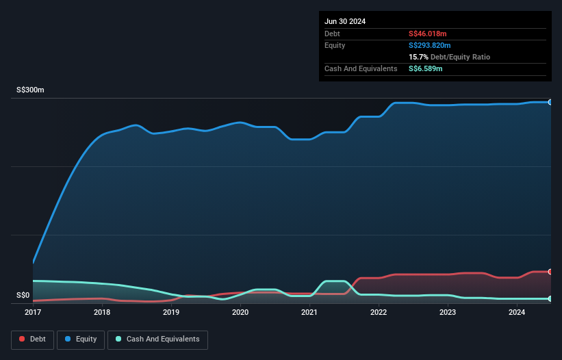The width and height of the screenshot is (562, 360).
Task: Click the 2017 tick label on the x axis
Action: coord(33,312)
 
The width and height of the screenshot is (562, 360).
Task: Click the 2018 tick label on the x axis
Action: coord(102,312)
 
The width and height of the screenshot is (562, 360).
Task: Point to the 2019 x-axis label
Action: coord(171,312)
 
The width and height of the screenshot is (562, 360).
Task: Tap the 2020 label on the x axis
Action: coord(240,312)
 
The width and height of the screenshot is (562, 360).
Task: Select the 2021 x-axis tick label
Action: coord(309,312)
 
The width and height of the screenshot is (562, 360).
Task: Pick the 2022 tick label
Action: coord(379,312)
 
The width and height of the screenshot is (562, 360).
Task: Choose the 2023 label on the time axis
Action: coord(448,312)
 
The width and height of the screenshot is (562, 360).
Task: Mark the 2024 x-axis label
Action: coord(517,312)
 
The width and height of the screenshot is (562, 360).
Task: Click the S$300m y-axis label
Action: coord(31,90)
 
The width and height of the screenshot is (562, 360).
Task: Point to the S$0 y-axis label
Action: coord(23,296)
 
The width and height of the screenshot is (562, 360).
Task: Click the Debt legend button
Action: coord(33,339)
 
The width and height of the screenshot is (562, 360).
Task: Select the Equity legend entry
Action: coord(81,339)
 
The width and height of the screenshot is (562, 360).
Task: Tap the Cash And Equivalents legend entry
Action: coord(157,339)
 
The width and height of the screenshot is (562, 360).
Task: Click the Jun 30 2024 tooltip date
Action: coord(345,21)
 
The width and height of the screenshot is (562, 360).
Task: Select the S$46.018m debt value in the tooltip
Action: coord(427,34)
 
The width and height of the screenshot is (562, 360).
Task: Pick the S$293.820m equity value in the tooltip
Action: coord(430,45)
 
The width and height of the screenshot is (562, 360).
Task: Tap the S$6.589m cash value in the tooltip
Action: coord(425,68)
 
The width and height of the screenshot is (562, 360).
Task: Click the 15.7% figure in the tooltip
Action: coord(418,57)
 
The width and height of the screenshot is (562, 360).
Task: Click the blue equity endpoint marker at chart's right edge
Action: coord(550,102)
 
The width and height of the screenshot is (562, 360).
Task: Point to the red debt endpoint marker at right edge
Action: coord(550,272)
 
